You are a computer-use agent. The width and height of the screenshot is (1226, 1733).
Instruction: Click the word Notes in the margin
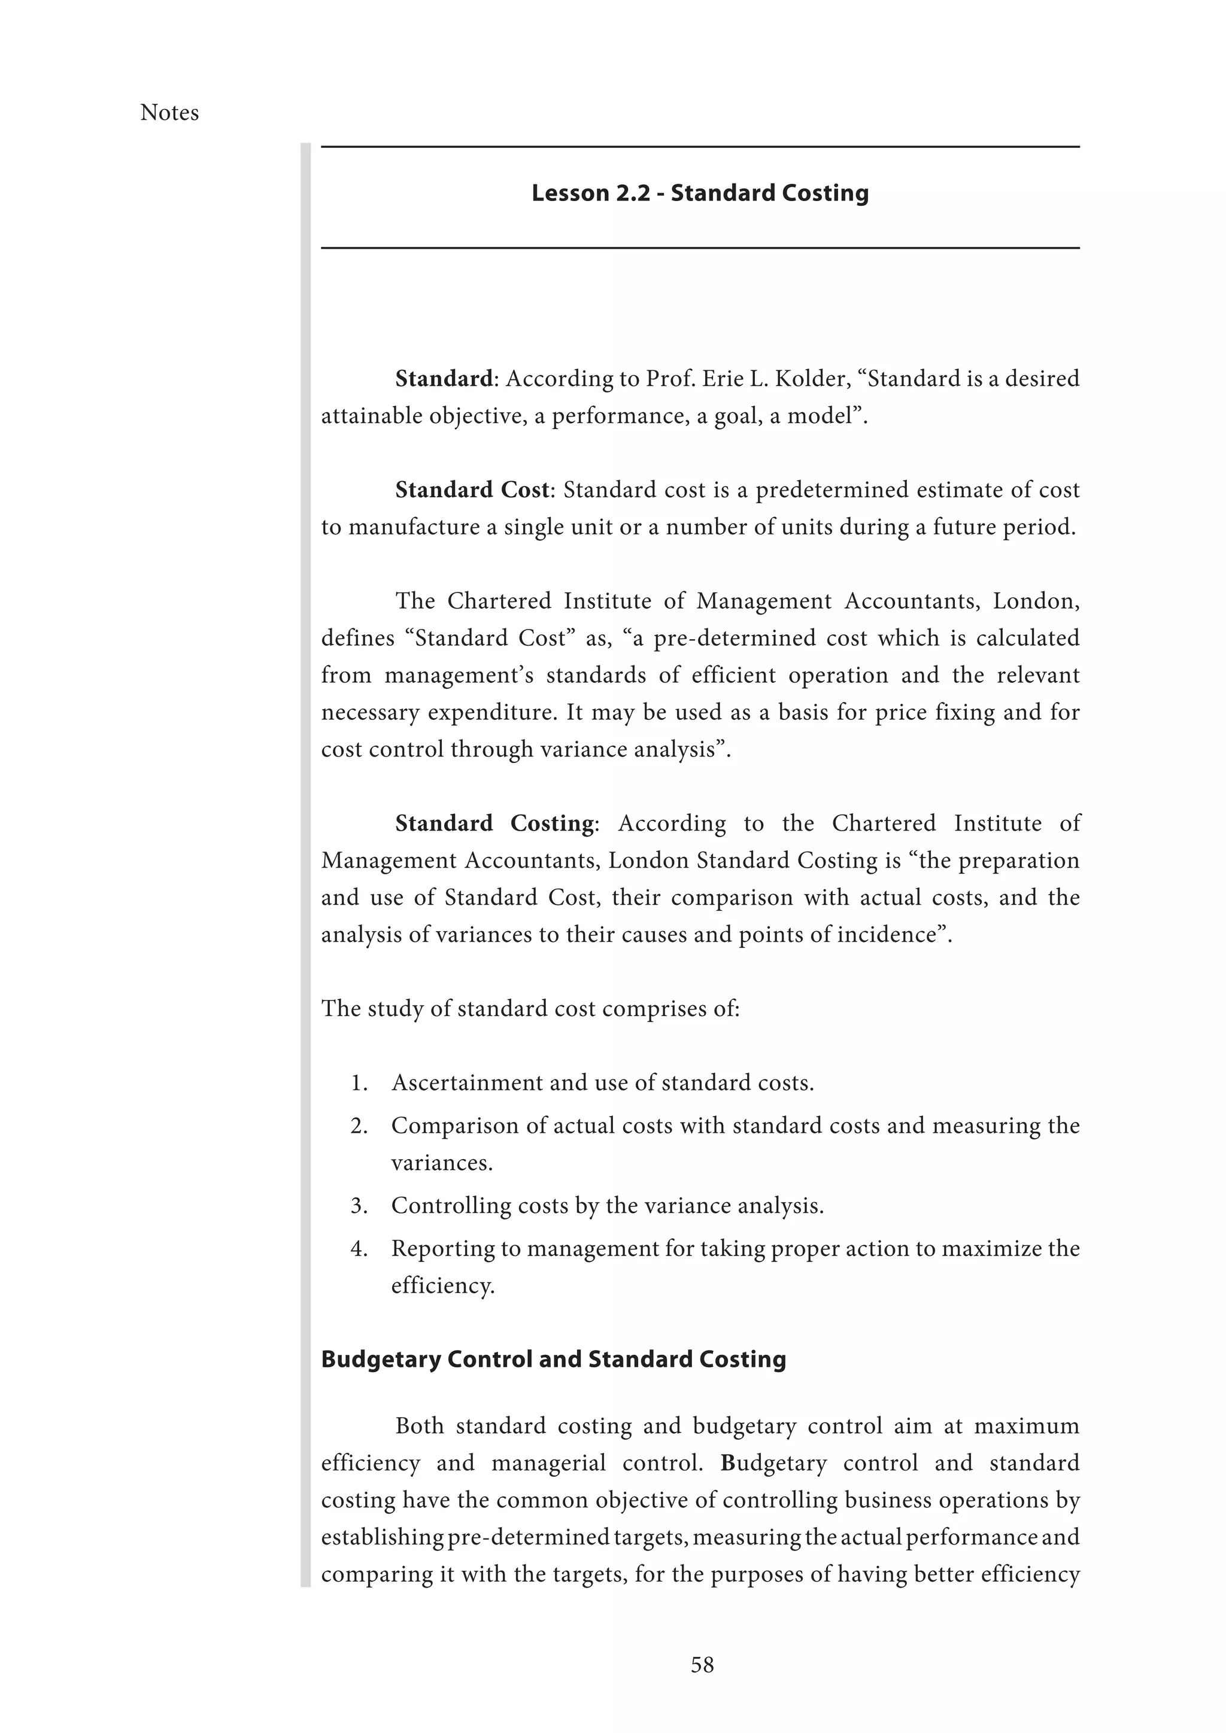(x=169, y=113)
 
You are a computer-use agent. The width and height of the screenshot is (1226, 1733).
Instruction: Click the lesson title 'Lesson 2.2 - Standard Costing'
(x=700, y=193)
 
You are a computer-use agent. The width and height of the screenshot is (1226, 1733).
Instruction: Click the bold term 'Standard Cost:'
(x=475, y=490)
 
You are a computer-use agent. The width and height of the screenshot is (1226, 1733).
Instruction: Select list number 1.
(x=359, y=1083)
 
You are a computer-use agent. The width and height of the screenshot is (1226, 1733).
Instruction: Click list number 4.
(x=359, y=1248)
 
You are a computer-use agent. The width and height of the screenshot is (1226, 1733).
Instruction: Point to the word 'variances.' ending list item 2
(x=442, y=1163)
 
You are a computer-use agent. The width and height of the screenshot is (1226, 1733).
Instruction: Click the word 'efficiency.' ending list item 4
(x=442, y=1285)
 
